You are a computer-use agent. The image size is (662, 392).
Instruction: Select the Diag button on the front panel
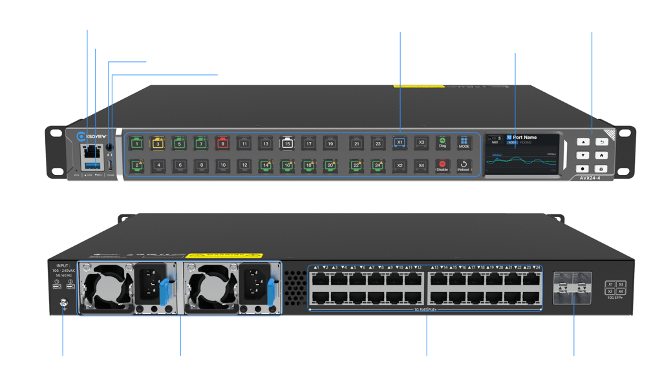[x=442, y=142]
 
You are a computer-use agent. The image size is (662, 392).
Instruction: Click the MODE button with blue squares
[x=464, y=142]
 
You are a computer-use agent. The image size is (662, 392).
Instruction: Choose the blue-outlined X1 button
[x=400, y=142]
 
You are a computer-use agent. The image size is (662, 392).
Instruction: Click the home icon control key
[x=601, y=155]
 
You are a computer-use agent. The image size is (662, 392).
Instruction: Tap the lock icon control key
[x=601, y=169]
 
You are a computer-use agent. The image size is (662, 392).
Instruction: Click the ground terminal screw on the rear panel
[x=63, y=302]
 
